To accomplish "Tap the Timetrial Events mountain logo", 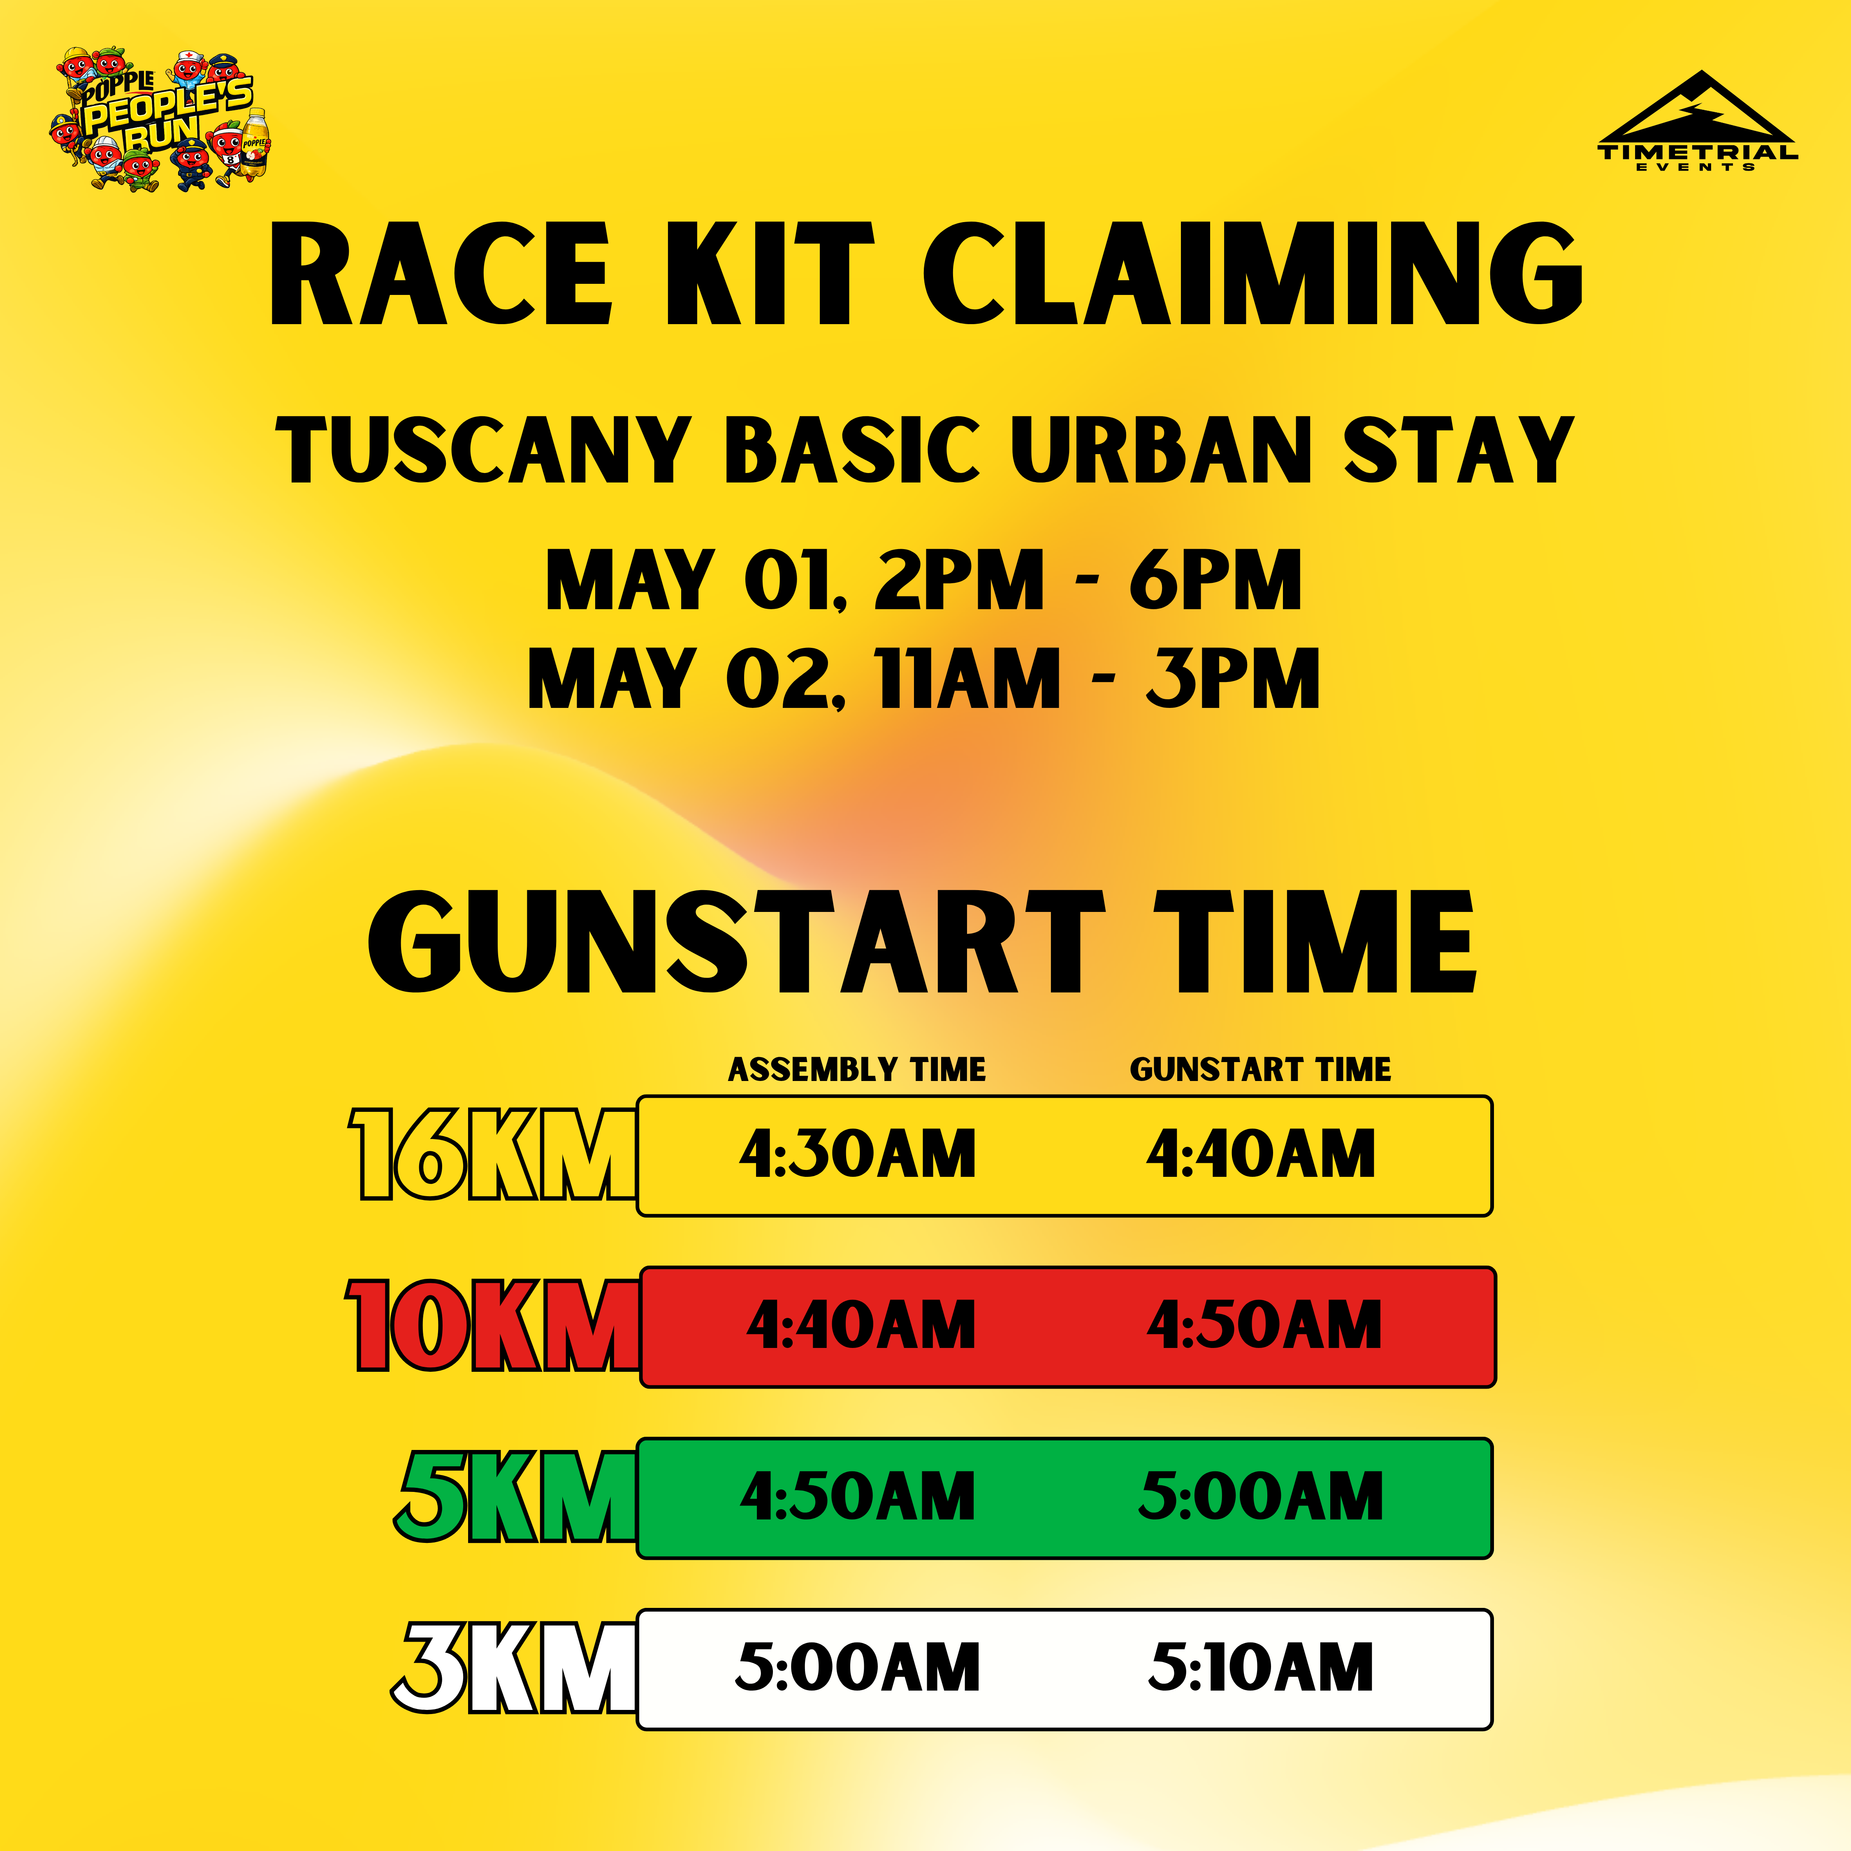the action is click(1698, 120).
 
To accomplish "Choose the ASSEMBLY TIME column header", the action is click(856, 1069).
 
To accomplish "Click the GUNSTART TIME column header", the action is click(1260, 1069).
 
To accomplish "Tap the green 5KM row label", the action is click(515, 1496).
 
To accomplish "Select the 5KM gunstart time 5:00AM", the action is click(1261, 1496).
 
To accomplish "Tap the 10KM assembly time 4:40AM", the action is click(861, 1326).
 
